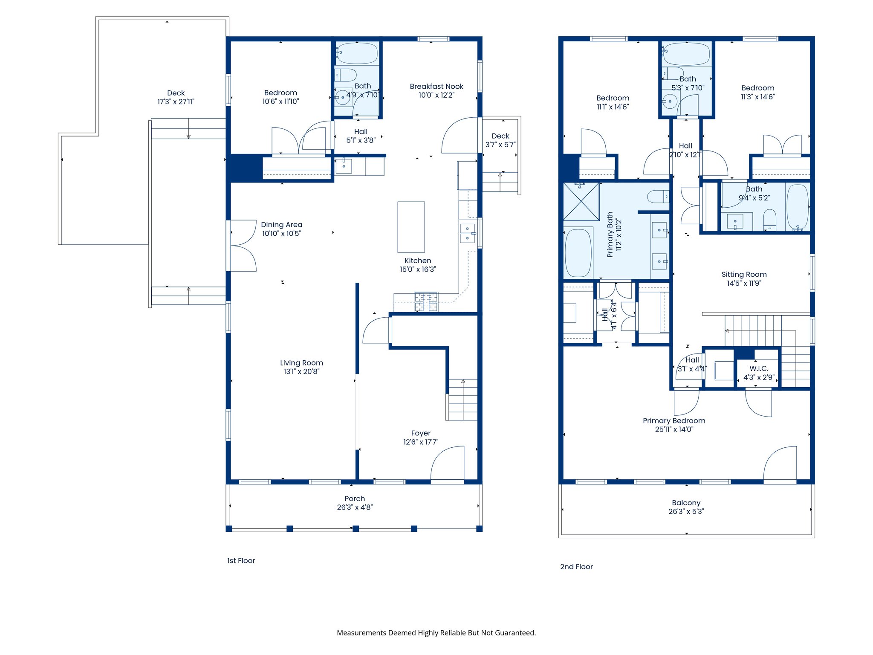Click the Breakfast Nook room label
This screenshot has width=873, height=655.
tap(436, 87)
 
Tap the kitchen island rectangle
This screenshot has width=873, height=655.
tap(411, 227)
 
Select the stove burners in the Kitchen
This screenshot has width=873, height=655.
tap(426, 301)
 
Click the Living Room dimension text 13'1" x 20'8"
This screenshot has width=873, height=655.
tap(301, 372)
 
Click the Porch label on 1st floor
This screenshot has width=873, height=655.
tap(355, 498)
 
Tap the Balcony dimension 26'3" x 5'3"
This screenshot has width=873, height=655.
tap(686, 512)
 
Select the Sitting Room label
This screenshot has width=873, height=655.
tap(744, 275)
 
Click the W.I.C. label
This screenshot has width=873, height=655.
tap(759, 368)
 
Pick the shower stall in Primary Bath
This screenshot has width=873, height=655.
tap(581, 202)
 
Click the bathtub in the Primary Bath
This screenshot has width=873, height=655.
tap(578, 253)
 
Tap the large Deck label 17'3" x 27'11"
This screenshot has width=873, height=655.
tap(176, 97)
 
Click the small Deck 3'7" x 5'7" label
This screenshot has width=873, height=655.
tap(500, 140)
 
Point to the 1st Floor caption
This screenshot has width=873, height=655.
tap(241, 561)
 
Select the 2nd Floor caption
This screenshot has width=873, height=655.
tap(576, 567)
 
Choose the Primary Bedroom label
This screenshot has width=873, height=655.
tap(674, 421)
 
